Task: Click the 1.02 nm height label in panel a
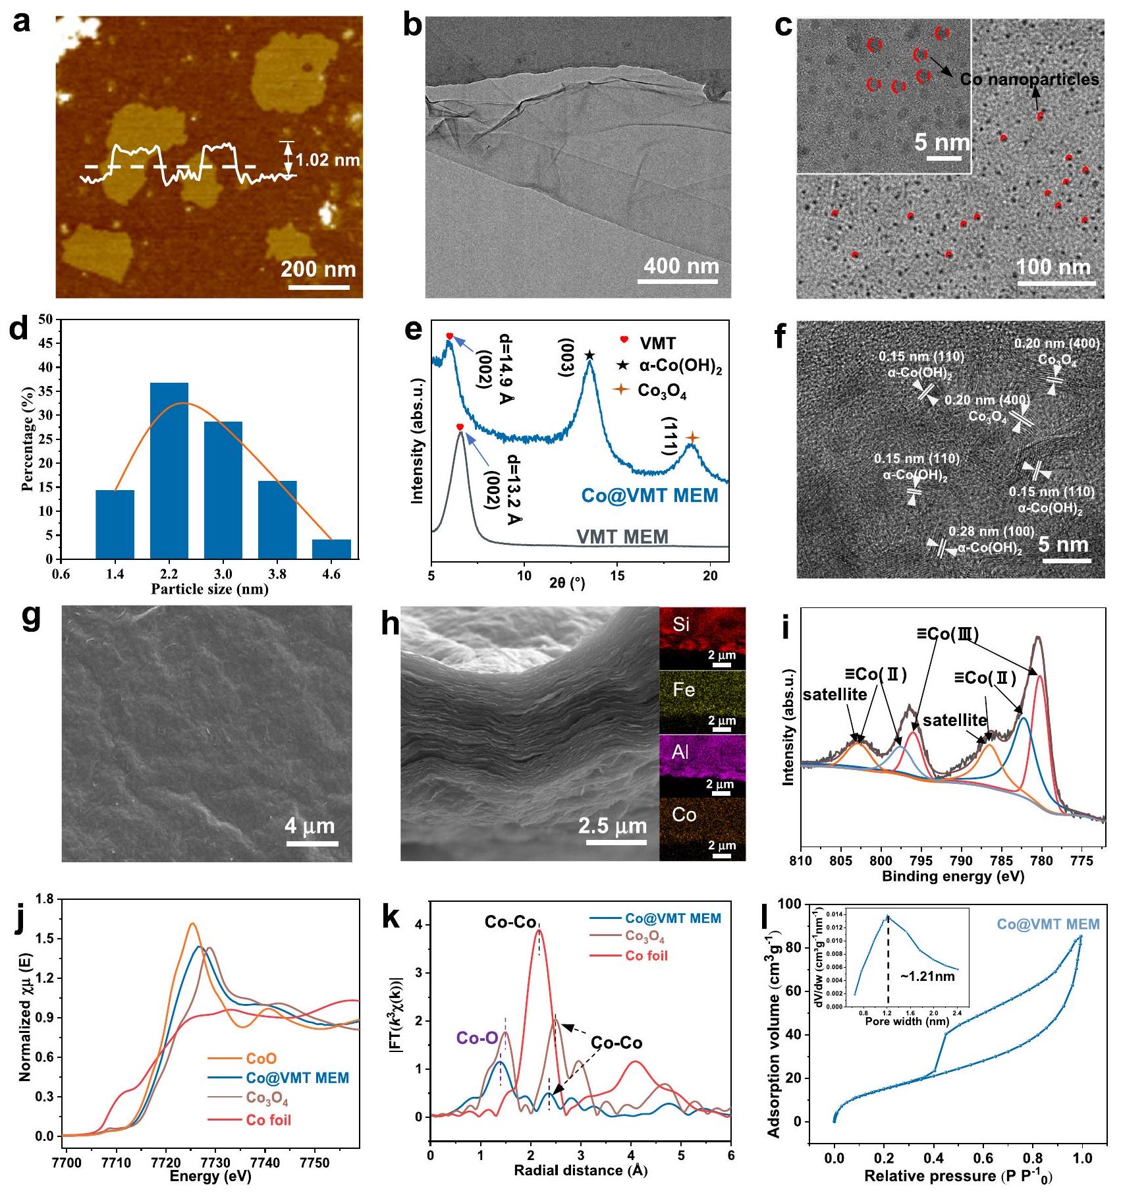click(327, 160)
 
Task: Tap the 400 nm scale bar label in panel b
click(681, 266)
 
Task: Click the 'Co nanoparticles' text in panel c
click(1029, 80)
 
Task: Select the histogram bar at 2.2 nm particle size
click(169, 470)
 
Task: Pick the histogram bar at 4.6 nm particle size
click(331, 549)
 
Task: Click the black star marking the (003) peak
click(589, 356)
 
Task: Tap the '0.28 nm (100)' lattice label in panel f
click(991, 531)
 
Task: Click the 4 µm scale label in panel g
click(310, 825)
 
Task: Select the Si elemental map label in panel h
click(681, 624)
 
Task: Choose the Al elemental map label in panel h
click(680, 752)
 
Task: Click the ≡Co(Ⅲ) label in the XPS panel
click(948, 634)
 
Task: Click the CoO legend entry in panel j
click(261, 1059)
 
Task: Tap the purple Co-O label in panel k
click(477, 1038)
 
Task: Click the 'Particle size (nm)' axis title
click(209, 589)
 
